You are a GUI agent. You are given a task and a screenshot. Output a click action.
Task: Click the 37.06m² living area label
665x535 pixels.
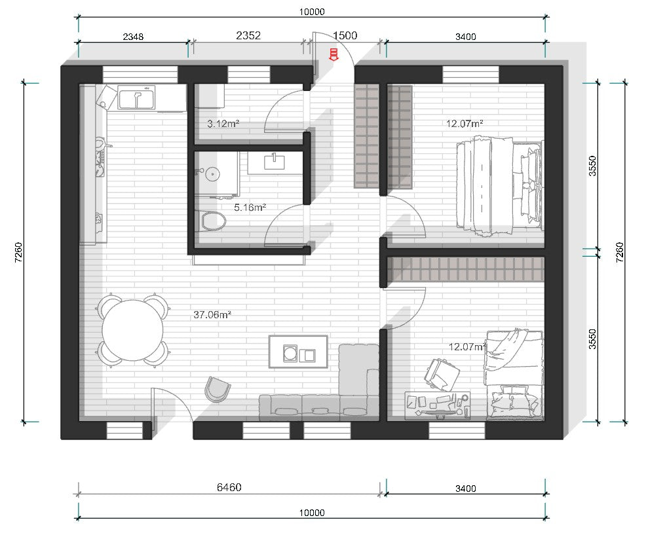212,314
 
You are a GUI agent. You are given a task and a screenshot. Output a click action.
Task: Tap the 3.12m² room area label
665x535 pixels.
223,124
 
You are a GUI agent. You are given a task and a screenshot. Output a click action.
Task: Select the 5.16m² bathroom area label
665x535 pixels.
250,208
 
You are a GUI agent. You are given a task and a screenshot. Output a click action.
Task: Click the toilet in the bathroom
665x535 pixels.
212,221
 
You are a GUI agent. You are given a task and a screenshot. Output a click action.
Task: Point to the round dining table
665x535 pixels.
133,330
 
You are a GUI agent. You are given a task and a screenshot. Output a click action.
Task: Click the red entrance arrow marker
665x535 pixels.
333,55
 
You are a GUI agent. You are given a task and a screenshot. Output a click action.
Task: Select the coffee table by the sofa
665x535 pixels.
299,352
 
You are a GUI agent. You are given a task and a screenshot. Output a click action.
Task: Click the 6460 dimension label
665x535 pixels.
229,487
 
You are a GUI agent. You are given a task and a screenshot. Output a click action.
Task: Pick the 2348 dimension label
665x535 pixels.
133,37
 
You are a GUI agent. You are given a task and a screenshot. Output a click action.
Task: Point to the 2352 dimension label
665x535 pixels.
248,35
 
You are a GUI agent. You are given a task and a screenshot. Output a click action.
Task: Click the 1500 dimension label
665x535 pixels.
345,35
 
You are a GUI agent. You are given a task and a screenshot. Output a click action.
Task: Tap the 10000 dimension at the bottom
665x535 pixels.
312,513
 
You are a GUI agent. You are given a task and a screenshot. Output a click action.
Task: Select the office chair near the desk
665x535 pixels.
442,374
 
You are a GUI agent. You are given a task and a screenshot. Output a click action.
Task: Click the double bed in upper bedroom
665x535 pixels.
500,186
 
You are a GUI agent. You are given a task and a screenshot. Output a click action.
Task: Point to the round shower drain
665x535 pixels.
212,174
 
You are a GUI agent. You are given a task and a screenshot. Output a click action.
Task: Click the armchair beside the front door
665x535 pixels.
218,389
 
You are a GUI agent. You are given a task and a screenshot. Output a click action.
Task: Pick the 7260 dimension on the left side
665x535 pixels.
18,252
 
